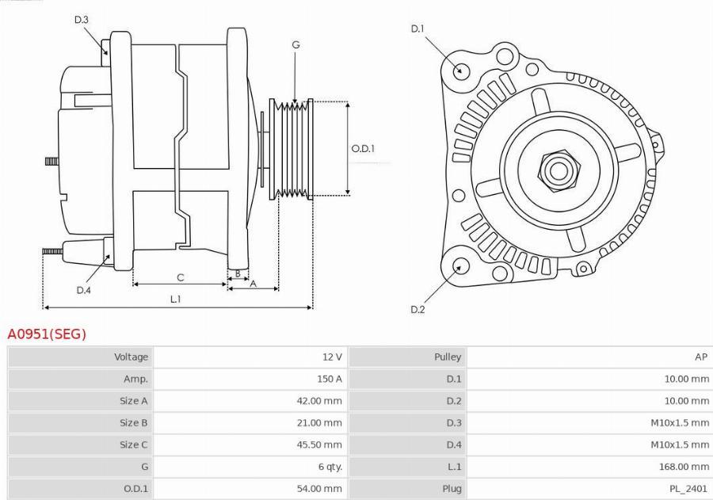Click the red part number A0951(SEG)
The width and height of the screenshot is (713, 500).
[47, 334]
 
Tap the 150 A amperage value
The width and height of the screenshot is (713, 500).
[329, 380]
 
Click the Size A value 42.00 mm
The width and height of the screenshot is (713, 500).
[319, 401]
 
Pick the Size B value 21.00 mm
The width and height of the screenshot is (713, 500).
[319, 423]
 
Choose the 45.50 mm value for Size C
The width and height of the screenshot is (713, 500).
[319, 445]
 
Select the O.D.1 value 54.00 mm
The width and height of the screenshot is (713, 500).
[319, 489]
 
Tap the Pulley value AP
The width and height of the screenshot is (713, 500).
[700, 357]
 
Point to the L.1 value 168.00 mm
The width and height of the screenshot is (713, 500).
[684, 467]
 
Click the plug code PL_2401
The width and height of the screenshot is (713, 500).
[687, 489]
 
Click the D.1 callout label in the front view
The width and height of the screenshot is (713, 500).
[418, 29]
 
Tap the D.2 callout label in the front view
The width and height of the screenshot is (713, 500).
[418, 309]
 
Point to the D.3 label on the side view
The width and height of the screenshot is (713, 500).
[82, 20]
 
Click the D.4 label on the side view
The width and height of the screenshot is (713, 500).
[84, 290]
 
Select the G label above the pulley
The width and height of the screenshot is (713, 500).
[295, 45]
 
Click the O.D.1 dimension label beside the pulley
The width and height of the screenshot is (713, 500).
[363, 148]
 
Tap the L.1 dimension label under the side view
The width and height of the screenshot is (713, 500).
[176, 299]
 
